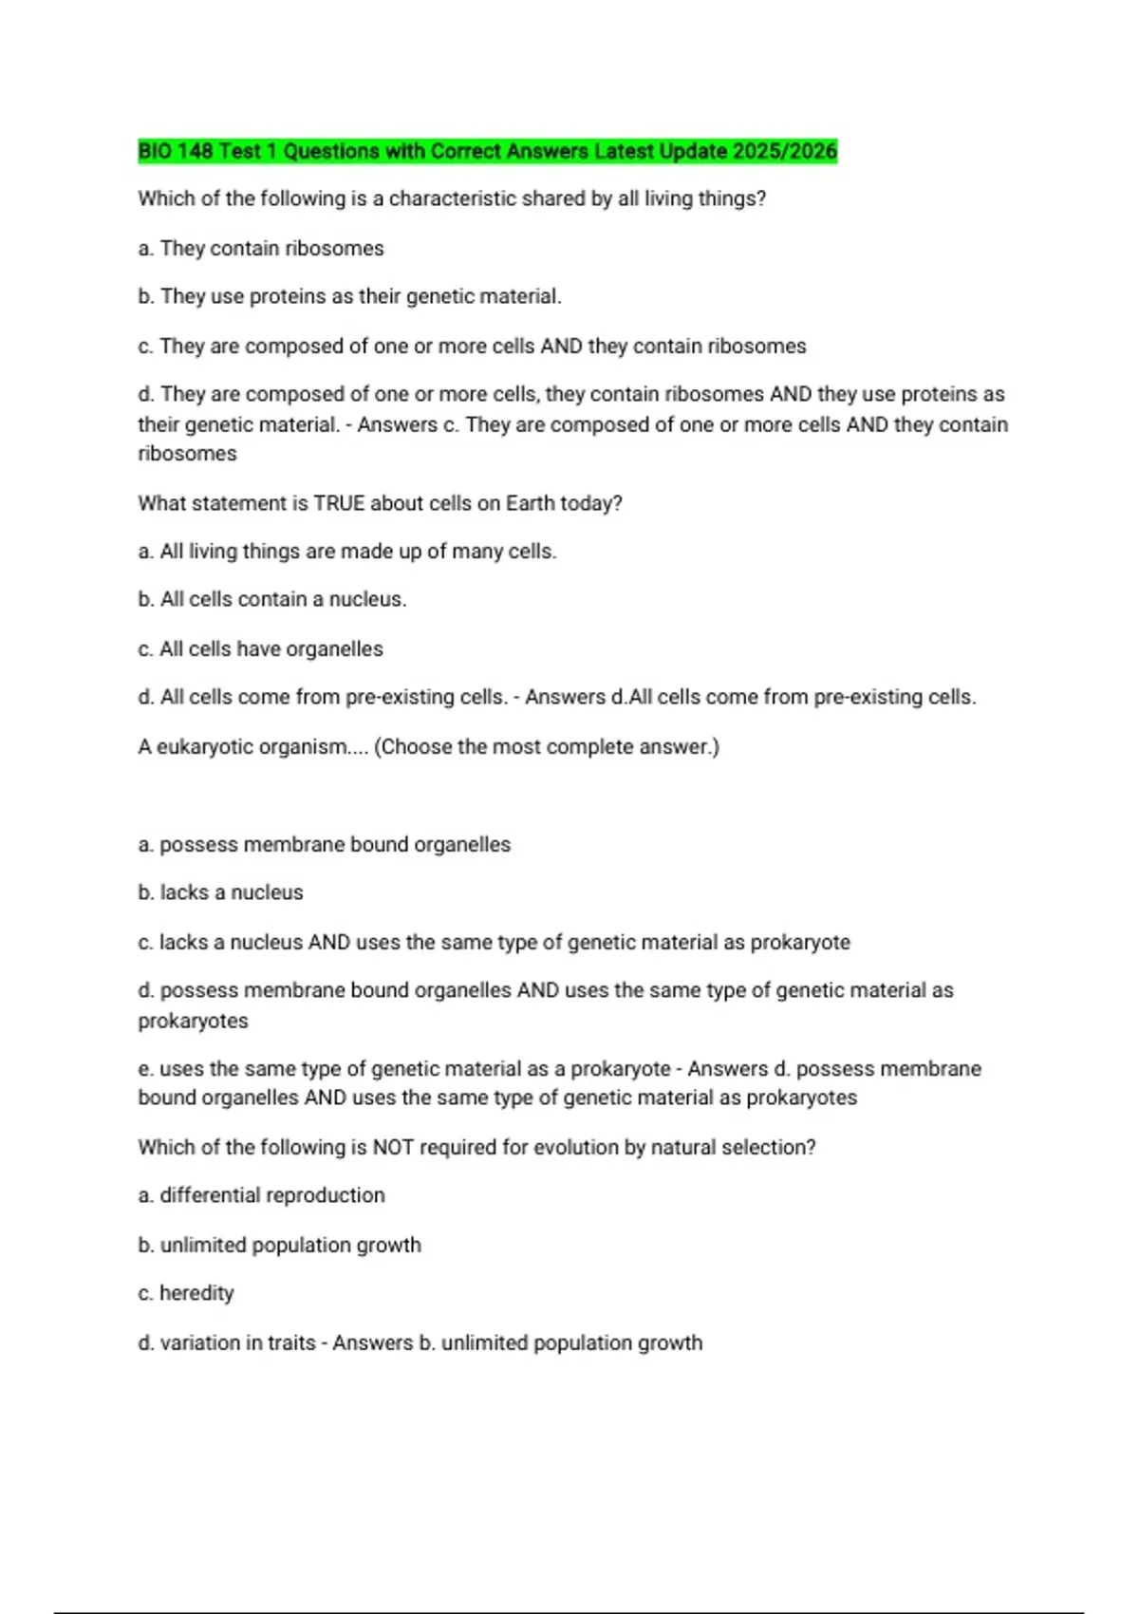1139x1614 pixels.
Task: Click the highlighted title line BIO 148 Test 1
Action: click(487, 151)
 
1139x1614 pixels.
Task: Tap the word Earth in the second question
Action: click(531, 503)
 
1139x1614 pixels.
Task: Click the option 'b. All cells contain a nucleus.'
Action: click(272, 599)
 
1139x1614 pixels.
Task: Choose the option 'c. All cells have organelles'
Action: click(261, 648)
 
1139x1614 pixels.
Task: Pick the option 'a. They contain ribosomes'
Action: click(261, 248)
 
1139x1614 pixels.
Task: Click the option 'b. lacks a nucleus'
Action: click(220, 892)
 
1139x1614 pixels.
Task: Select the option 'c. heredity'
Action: click(186, 1293)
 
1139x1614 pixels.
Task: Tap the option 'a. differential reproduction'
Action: click(261, 1195)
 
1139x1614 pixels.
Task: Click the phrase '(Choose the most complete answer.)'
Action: click(547, 747)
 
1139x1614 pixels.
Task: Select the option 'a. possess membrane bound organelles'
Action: click(325, 844)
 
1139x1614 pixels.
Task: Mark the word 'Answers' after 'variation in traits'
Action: click(372, 1342)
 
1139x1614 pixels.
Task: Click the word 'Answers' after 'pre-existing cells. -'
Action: click(565, 697)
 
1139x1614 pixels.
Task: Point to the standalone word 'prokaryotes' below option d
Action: click(193, 1021)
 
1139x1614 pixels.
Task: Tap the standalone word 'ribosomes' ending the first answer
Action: click(187, 454)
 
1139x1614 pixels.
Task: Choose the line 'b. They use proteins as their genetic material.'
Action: click(349, 296)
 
